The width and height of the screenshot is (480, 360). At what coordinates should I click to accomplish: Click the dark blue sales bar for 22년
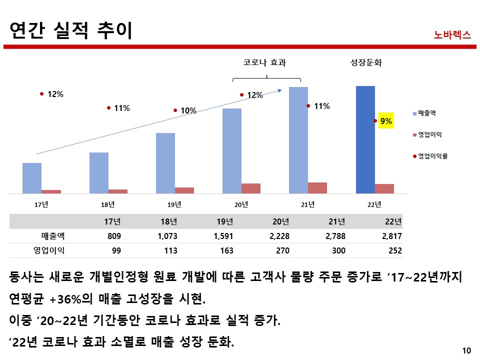(x=365, y=139)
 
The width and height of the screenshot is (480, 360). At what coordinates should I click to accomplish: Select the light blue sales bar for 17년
(x=32, y=178)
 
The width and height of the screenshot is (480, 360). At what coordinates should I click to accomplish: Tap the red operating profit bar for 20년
(x=251, y=188)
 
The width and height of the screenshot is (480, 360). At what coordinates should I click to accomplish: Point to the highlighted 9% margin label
(x=386, y=121)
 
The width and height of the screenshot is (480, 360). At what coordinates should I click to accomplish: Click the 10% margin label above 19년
(x=188, y=110)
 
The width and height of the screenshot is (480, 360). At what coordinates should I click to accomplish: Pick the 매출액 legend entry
(x=426, y=113)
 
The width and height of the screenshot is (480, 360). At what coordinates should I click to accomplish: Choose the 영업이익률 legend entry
(x=432, y=156)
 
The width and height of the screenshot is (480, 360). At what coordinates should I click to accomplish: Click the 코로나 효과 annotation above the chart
(x=266, y=63)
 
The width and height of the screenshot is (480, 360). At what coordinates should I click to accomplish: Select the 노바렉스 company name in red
(x=452, y=35)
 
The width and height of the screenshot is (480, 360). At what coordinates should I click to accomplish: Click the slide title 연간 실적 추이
(x=71, y=30)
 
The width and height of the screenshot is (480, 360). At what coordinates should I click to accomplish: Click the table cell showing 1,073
(x=167, y=236)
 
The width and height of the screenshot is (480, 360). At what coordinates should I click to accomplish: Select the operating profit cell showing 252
(x=395, y=250)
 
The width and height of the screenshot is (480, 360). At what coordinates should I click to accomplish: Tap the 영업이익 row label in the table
(x=48, y=250)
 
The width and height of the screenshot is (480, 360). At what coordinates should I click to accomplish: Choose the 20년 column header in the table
(x=281, y=221)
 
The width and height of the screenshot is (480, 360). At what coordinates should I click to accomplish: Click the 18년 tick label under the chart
(x=107, y=204)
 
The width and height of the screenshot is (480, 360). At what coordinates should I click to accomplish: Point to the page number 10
(x=467, y=350)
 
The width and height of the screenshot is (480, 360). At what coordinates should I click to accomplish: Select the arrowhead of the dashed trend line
(x=280, y=89)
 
